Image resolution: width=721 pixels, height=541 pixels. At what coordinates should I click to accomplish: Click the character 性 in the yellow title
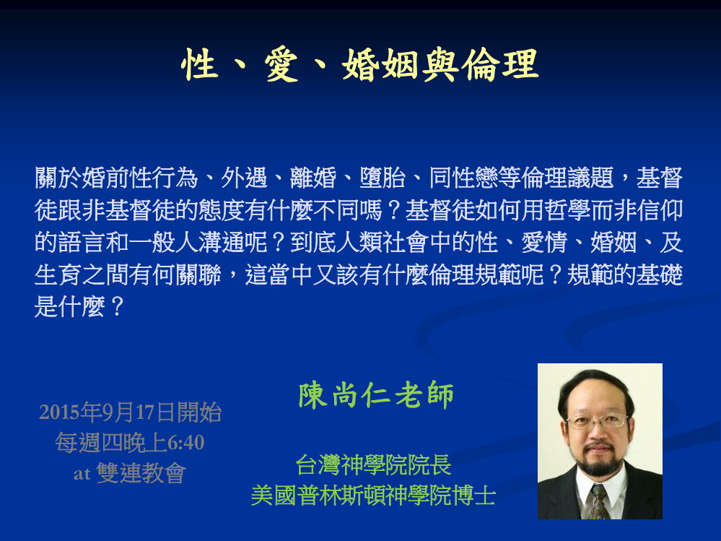(x=200, y=64)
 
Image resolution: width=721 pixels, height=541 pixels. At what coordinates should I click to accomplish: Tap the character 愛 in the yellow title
(x=281, y=64)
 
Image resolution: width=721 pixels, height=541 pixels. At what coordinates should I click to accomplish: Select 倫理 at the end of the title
(x=500, y=64)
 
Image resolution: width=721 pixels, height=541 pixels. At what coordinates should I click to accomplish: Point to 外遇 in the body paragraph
(x=244, y=178)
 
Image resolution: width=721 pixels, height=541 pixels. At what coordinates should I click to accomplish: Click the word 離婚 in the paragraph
(x=313, y=178)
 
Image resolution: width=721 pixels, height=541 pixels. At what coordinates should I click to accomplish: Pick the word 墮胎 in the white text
(x=383, y=178)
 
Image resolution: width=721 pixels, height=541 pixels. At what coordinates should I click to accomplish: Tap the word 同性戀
(x=463, y=178)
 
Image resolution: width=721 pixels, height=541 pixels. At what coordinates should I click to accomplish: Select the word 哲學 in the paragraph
(x=567, y=210)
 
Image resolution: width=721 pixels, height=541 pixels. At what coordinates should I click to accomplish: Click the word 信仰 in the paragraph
(x=660, y=210)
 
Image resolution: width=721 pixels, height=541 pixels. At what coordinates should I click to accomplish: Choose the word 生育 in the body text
(x=58, y=274)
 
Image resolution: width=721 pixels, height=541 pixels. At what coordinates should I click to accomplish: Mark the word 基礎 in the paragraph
(x=660, y=274)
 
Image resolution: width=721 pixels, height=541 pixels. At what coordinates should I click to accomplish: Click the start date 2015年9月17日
(x=108, y=412)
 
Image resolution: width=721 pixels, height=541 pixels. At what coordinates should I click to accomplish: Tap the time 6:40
(x=185, y=443)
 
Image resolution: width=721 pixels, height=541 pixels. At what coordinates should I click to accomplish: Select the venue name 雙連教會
(x=141, y=473)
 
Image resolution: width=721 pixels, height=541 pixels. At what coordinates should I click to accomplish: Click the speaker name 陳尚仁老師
(x=376, y=394)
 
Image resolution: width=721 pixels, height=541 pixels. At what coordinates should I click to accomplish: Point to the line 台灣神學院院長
(x=373, y=464)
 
